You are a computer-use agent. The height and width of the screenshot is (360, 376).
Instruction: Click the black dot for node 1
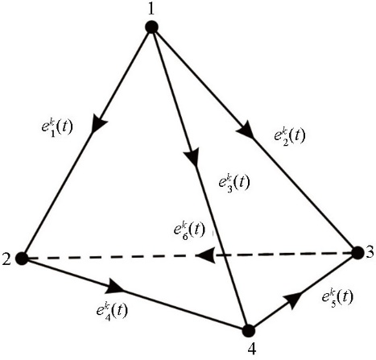click(151, 27)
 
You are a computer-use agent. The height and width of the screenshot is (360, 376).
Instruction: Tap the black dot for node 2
click(23, 259)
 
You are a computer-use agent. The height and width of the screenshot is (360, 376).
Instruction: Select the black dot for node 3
click(357, 253)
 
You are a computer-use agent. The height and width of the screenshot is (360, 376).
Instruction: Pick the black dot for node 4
click(248, 330)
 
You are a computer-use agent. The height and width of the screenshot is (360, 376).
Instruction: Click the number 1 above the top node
click(152, 9)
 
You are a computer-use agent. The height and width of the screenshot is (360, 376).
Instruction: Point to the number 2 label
click(6, 259)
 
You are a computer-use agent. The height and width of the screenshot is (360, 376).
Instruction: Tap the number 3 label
click(370, 253)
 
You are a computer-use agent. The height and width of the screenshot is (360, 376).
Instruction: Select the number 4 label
click(252, 350)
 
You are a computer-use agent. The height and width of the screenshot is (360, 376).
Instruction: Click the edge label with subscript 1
click(57, 128)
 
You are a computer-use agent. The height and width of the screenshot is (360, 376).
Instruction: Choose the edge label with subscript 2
click(290, 136)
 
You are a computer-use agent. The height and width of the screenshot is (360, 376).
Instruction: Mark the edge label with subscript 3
click(234, 183)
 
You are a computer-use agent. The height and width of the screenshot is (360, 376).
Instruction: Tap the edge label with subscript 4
click(112, 311)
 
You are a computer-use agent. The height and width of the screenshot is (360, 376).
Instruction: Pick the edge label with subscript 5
click(337, 297)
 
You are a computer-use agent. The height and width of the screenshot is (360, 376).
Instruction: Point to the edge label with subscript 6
click(189, 230)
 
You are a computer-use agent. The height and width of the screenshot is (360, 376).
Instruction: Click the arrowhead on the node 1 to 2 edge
click(98, 123)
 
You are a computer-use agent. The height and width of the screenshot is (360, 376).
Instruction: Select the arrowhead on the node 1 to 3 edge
click(246, 130)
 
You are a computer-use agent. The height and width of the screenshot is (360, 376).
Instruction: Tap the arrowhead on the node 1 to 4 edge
click(192, 157)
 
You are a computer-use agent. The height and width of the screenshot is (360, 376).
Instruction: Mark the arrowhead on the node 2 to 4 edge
click(114, 287)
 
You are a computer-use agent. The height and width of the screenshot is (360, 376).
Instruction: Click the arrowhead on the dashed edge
click(206, 255)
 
